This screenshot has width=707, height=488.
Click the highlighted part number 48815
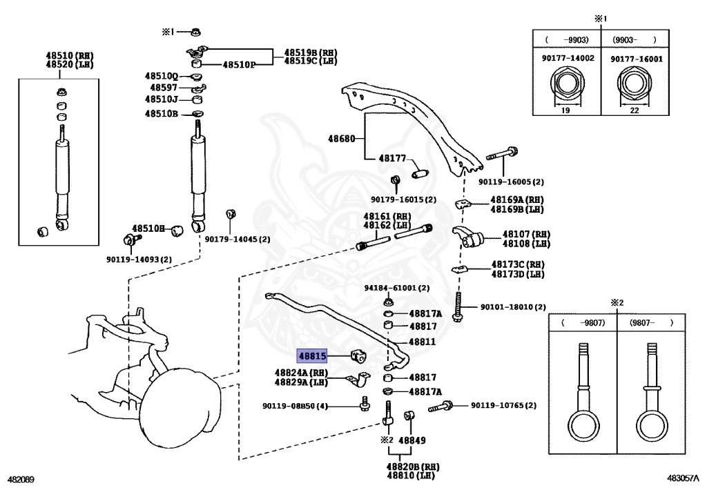pyautogui.click(x=312, y=356)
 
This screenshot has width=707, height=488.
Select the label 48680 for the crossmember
pyautogui.click(x=341, y=139)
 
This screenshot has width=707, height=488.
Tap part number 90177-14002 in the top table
pyautogui.click(x=568, y=58)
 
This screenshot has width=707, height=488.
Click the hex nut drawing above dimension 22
pyautogui.click(x=634, y=84)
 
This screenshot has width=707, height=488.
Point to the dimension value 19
pyautogui.click(x=565, y=110)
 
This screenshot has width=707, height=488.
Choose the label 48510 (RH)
pyautogui.click(x=70, y=56)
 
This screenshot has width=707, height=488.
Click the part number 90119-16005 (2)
pyautogui.click(x=511, y=182)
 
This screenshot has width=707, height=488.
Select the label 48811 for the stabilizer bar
pyautogui.click(x=422, y=342)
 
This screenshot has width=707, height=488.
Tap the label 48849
pyautogui.click(x=412, y=440)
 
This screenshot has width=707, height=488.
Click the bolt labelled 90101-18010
pyautogui.click(x=458, y=307)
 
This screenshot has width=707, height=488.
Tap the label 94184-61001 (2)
pyautogui.click(x=397, y=288)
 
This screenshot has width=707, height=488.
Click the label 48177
pyautogui.click(x=392, y=158)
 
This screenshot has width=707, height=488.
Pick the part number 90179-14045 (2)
pyautogui.click(x=238, y=240)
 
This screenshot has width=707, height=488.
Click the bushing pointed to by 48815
pyautogui.click(x=359, y=356)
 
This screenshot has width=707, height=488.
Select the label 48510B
pyautogui.click(x=162, y=114)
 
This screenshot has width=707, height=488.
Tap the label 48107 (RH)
pyautogui.click(x=526, y=234)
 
